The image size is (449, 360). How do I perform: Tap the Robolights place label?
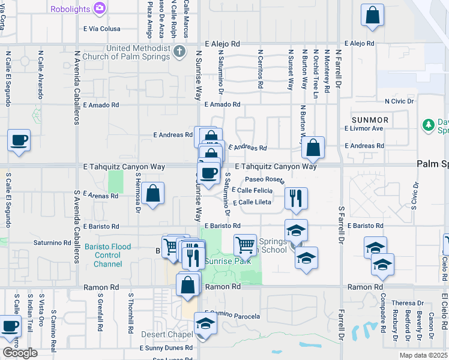(x=70, y=10)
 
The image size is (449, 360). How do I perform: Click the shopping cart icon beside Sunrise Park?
(x=245, y=244)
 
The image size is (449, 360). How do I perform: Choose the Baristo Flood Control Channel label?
(x=108, y=255)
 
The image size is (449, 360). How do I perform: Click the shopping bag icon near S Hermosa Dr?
(x=154, y=193)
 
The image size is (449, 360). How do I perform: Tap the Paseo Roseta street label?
(x=265, y=179)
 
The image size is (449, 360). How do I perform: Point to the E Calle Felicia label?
(x=252, y=190)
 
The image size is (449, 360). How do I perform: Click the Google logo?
(x=20, y=353)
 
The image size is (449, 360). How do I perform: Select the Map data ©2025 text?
(x=423, y=355)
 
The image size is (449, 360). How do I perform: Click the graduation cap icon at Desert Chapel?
(x=205, y=325)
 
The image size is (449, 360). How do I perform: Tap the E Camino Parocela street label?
(x=234, y=316)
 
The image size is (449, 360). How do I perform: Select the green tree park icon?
(x=429, y=125)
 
